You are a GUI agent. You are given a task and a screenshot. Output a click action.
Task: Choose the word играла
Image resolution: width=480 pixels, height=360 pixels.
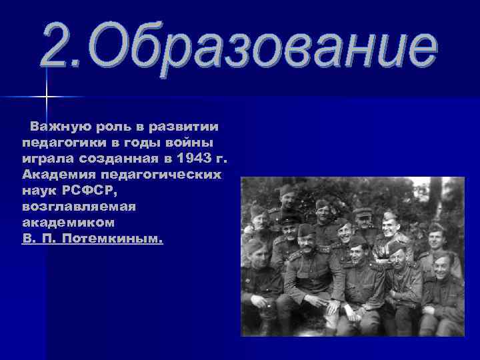48,158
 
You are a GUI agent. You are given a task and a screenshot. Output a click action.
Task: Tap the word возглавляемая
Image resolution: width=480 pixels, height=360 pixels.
79,206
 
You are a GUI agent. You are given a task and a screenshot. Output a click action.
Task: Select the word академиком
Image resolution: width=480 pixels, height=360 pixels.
68,222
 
